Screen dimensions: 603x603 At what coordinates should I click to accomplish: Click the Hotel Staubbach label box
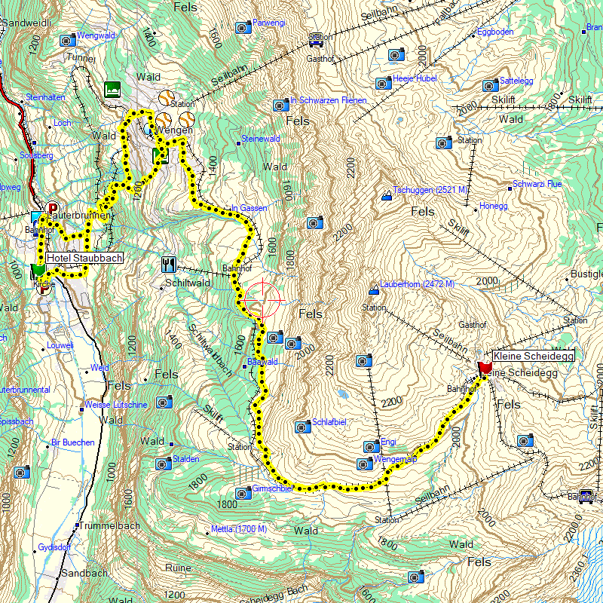click(84, 258)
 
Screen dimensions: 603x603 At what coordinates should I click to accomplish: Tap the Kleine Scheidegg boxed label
click(533, 355)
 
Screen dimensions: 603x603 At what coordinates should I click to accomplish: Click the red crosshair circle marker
click(262, 298)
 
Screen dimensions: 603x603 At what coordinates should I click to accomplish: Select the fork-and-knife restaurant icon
click(168, 265)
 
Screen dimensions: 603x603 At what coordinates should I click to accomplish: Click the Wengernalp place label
click(396, 458)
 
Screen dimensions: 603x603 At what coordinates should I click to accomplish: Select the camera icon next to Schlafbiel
click(303, 427)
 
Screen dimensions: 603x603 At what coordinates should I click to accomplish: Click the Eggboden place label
click(496, 32)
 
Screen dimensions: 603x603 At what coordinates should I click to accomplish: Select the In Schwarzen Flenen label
click(328, 100)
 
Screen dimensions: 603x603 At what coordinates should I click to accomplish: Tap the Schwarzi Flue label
click(537, 184)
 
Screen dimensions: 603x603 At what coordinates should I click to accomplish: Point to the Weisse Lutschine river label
click(116, 405)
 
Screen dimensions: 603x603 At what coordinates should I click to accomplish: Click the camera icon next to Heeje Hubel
click(383, 83)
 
